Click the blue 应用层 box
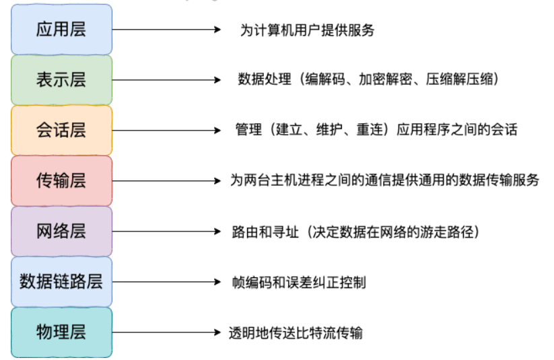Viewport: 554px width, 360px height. tap(61, 29)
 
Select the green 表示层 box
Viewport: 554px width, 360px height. tap(61, 79)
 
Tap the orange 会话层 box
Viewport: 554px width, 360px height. tap(61, 130)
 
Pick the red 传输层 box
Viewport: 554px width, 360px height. tap(61, 180)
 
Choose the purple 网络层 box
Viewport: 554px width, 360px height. tap(61, 231)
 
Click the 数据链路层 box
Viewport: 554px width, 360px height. tap(61, 281)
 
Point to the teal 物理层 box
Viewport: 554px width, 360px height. tap(61, 332)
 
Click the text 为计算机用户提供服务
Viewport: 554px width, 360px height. tap(306, 30)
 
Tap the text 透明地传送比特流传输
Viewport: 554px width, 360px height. tap(297, 333)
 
